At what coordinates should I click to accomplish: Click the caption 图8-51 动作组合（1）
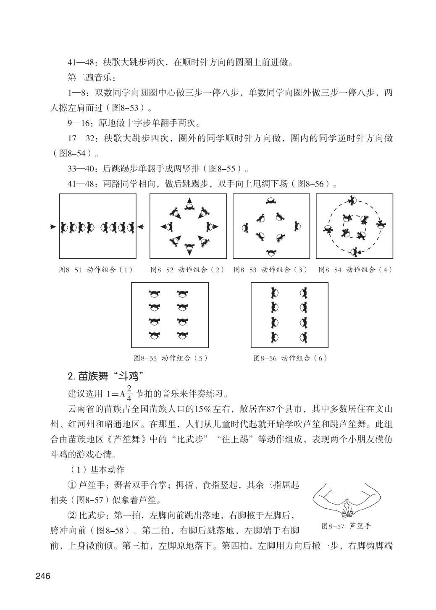95,270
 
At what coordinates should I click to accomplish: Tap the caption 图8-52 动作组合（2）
187,270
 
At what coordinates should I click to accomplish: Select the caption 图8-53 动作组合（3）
271,270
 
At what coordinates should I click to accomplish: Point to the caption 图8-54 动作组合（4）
355,270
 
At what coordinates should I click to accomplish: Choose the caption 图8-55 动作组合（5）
171,358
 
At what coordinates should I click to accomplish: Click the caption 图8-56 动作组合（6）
290,358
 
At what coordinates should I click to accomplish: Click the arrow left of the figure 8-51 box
53,227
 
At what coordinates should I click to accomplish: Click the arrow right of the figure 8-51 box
141,228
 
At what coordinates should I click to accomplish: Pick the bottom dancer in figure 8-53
271,252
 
